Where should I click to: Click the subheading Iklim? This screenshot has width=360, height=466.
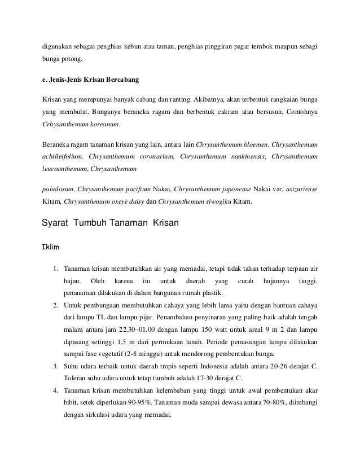[52, 248]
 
